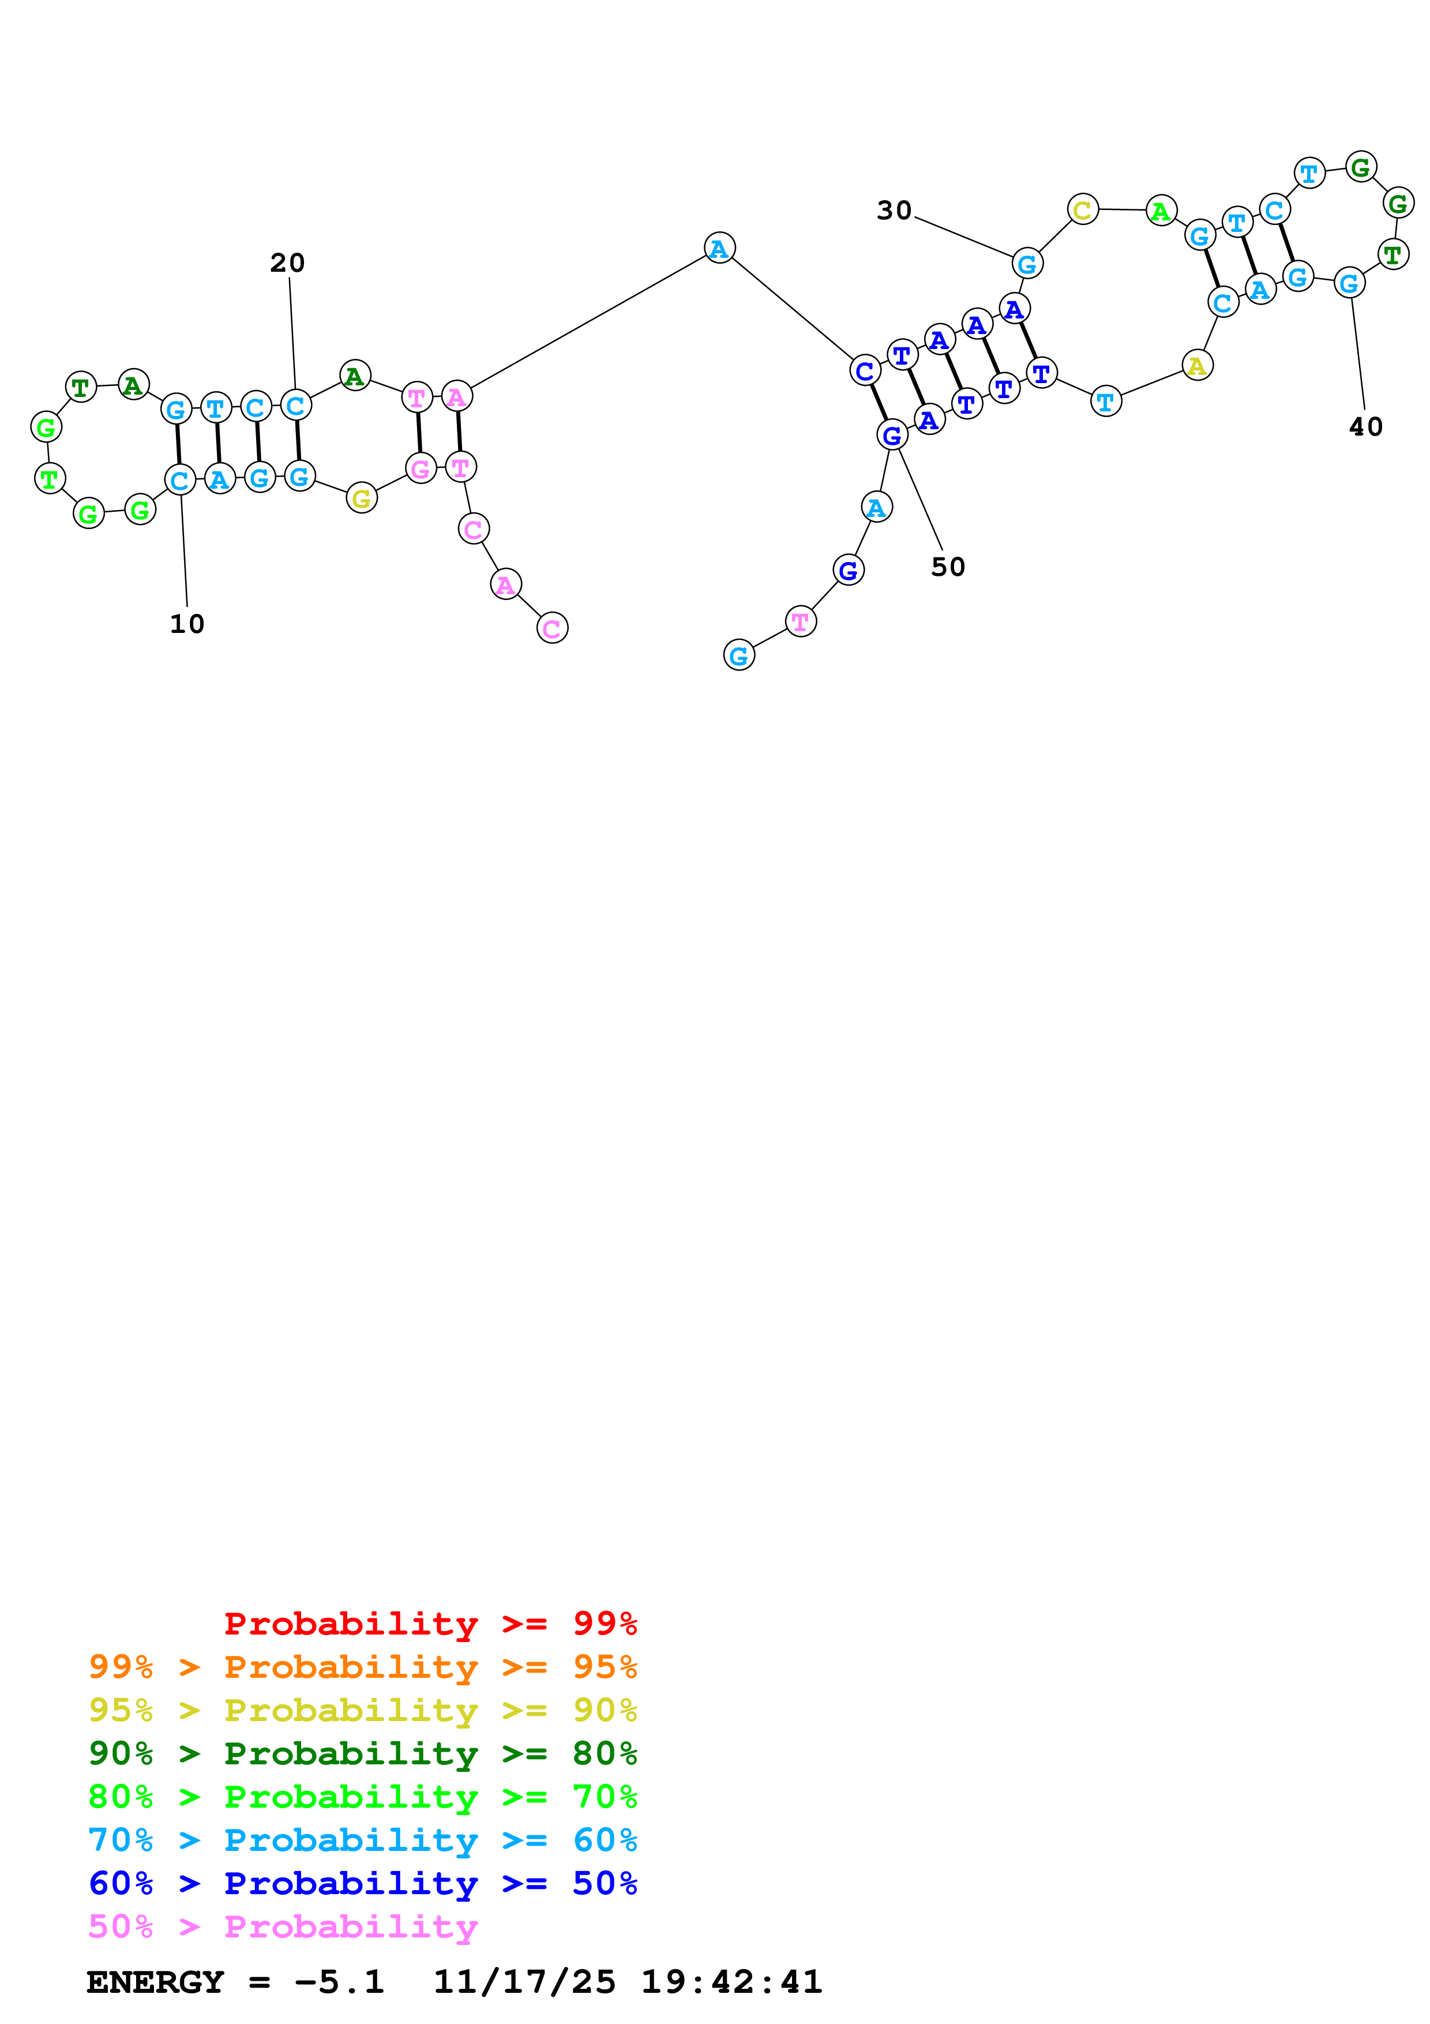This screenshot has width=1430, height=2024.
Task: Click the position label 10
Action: point(187,624)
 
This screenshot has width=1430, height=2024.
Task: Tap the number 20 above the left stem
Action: point(287,263)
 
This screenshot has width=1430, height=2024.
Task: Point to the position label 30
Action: point(894,211)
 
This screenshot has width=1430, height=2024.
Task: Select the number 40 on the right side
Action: point(1365,426)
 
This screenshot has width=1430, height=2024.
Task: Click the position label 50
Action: point(948,567)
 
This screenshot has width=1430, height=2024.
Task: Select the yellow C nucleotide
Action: point(1083,210)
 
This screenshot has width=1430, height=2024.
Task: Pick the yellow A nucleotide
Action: point(1196,365)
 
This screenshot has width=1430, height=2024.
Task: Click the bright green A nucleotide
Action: point(1161,212)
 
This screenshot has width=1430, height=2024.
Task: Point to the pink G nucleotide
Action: point(421,468)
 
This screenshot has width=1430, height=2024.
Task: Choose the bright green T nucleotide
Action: point(50,479)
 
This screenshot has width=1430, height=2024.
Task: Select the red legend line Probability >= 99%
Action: point(431,1623)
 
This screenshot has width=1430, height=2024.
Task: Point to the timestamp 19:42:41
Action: point(731,1982)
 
